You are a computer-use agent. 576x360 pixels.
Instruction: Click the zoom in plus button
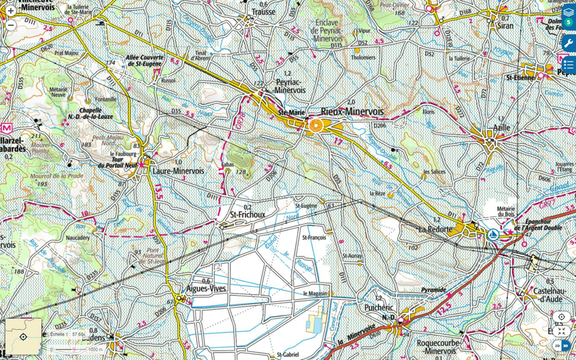point(11,11)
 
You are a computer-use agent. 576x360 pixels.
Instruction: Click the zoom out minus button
point(11,25)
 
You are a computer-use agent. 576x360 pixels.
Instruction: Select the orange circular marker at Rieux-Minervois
point(316,126)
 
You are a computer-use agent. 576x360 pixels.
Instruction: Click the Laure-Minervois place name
point(178,171)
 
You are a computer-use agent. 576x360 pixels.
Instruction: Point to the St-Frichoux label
point(247,215)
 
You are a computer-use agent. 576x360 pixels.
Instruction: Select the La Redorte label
point(435,229)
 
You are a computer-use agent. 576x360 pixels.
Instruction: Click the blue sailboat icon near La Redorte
point(492,235)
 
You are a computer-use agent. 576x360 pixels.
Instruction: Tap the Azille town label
point(501,128)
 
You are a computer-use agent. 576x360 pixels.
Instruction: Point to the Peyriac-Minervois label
point(289,86)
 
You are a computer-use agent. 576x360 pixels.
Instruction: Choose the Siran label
point(505,26)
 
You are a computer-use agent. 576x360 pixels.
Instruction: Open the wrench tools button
point(568,43)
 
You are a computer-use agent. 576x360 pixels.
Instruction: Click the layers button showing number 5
point(568,17)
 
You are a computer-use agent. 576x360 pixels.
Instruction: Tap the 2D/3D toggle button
point(562,346)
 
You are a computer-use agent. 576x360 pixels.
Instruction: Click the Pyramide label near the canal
point(433,290)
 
